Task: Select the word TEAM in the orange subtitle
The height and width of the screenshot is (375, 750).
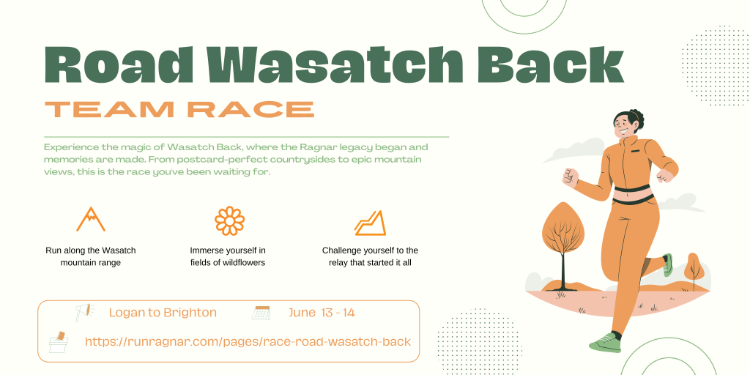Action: pyautogui.click(x=109, y=109)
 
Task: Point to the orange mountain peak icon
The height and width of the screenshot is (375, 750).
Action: pyautogui.click(x=90, y=219)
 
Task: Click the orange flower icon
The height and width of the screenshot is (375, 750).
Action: pyautogui.click(x=229, y=220)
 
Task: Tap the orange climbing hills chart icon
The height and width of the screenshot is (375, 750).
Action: pyautogui.click(x=370, y=223)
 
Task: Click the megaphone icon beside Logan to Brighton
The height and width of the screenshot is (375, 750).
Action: pyautogui.click(x=85, y=312)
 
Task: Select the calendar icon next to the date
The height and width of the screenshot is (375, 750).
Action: pyautogui.click(x=261, y=312)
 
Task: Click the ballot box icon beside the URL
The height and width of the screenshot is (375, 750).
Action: pyautogui.click(x=59, y=342)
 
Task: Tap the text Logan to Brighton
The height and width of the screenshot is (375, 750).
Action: pyautogui.click(x=163, y=313)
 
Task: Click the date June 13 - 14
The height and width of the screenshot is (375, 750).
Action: pyautogui.click(x=322, y=313)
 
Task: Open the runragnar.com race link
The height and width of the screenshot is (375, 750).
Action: pyautogui.click(x=248, y=342)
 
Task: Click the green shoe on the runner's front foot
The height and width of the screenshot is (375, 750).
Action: pyautogui.click(x=605, y=343)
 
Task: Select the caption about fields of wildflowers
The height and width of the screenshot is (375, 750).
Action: pyautogui.click(x=227, y=256)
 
